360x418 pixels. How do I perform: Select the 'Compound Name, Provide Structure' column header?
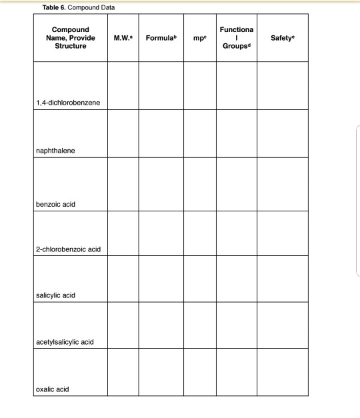[x=70, y=37]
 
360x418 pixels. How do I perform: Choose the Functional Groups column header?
[x=236, y=37]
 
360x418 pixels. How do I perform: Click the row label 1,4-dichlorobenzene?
[x=68, y=103]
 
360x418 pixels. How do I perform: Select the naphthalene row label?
[x=55, y=151]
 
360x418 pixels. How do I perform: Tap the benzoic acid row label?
[x=55, y=203]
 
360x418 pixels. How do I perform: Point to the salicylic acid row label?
[x=56, y=295]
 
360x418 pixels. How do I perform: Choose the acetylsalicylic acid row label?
[x=65, y=342]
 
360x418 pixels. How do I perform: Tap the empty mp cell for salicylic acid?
[x=199, y=278]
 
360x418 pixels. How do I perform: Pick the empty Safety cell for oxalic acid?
[x=283, y=372]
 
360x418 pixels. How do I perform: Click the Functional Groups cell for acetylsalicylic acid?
[x=236, y=325]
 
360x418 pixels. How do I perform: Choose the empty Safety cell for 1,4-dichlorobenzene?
[x=283, y=85]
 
